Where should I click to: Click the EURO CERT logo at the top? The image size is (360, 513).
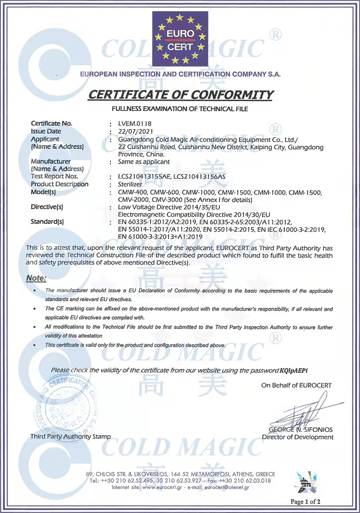coord(180,40)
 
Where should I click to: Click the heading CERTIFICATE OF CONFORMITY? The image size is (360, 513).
coord(180,95)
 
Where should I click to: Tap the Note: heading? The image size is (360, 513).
coord(36,278)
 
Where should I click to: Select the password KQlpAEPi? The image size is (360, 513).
coord(295,370)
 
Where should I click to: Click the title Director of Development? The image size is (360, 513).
coord(297,437)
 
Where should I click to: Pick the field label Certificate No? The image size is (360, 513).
coord(51,123)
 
